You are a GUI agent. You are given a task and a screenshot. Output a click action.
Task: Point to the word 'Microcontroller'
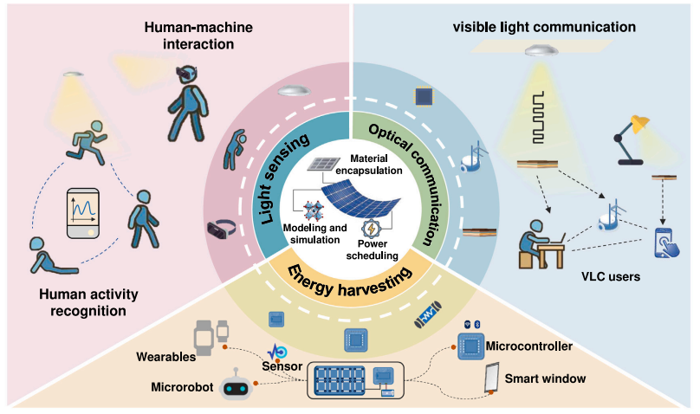tap(530, 346)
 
